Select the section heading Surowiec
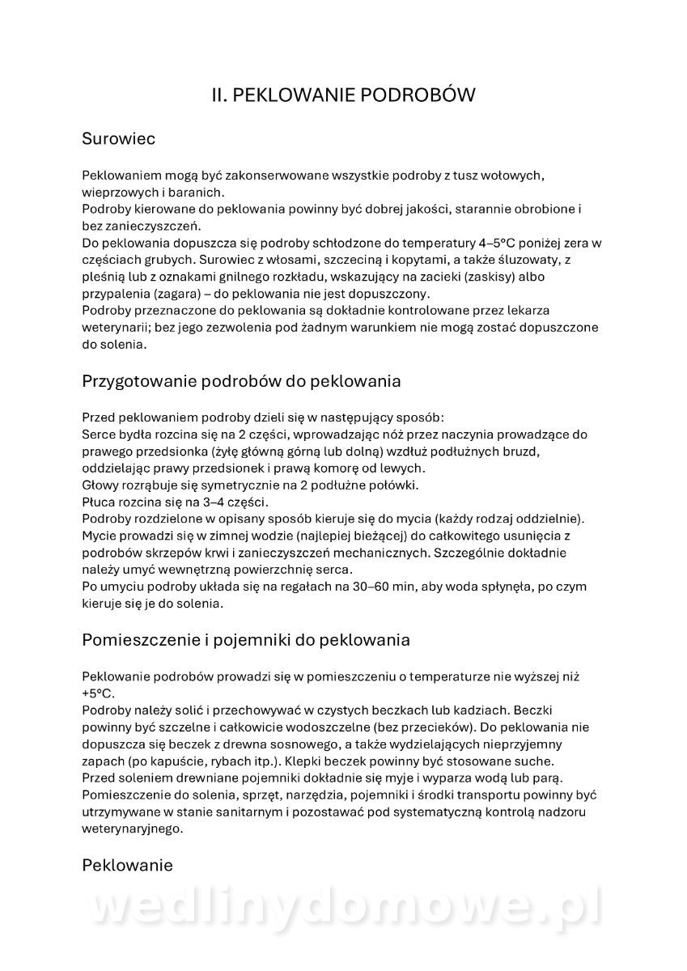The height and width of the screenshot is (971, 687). [x=118, y=138]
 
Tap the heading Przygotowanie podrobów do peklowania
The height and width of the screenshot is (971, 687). [x=241, y=379]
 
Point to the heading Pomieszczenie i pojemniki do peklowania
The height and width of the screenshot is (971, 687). [x=246, y=639]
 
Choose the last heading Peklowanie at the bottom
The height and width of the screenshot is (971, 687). [x=127, y=865]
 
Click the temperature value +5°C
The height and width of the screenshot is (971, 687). [x=99, y=693]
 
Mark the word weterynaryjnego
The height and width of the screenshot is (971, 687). [x=133, y=829]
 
